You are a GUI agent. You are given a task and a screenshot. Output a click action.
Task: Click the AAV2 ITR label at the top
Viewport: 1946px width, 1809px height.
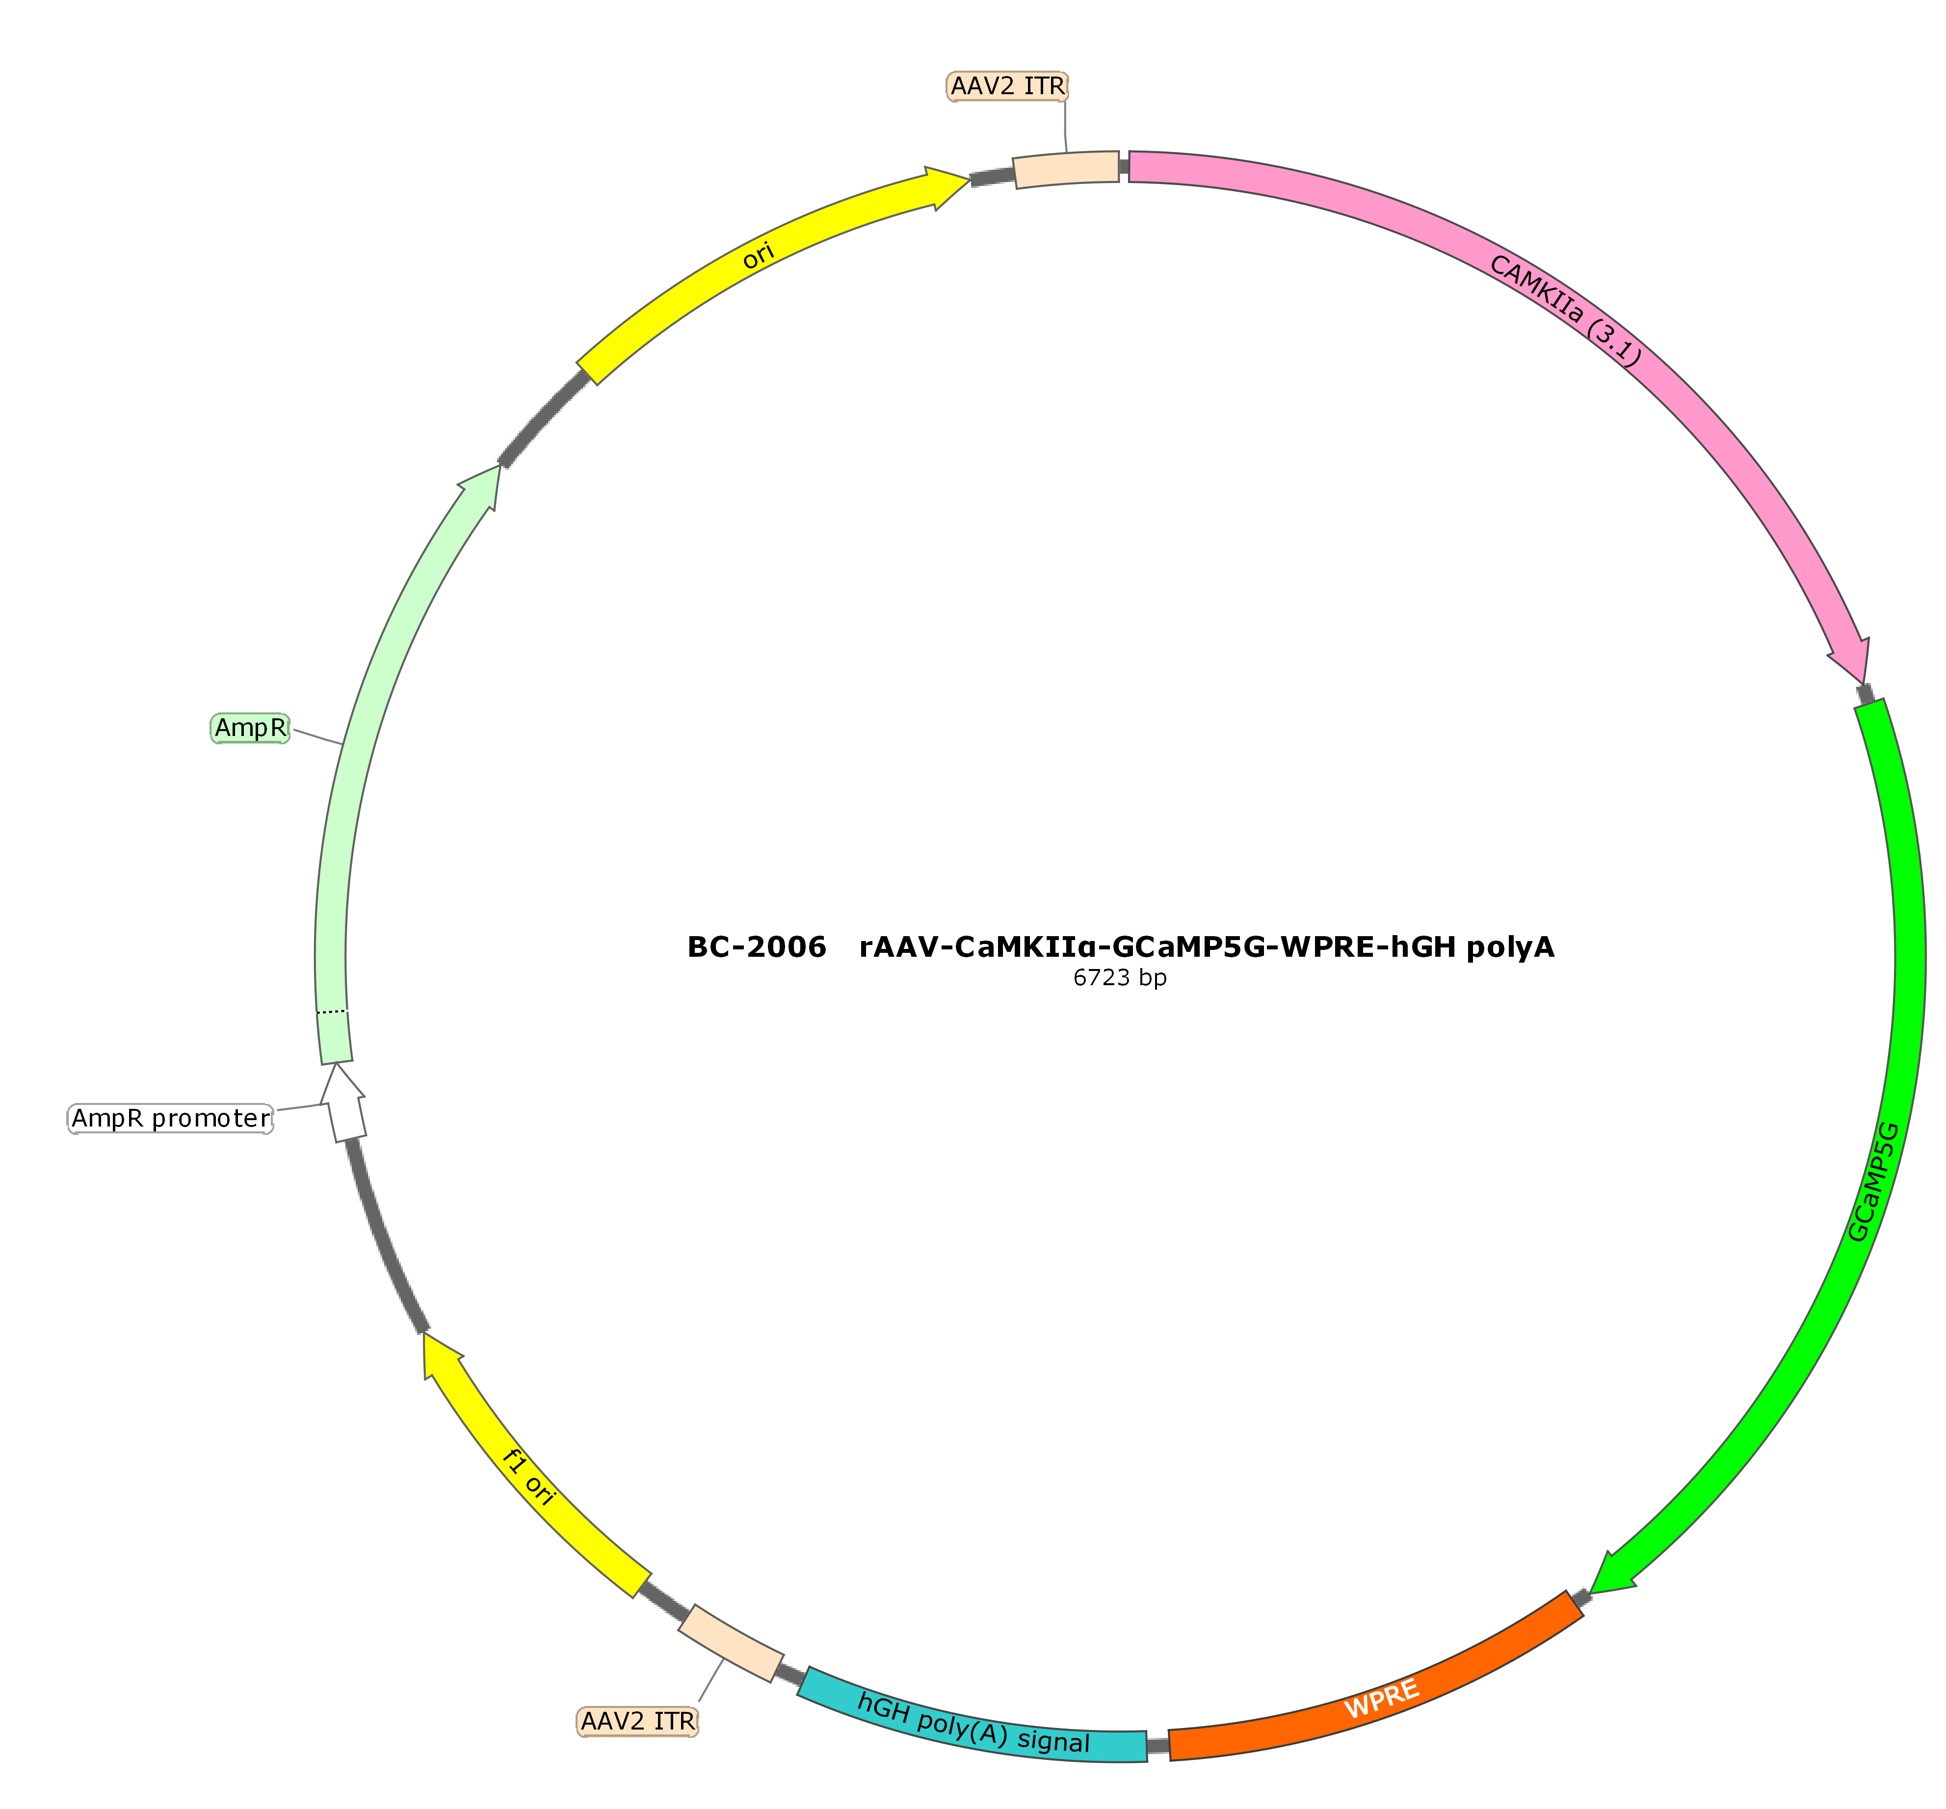(1007, 86)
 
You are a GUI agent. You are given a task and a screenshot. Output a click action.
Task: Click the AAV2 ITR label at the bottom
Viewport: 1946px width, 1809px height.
(638, 1721)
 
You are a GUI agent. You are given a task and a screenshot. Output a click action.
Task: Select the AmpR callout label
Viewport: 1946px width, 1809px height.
(251, 728)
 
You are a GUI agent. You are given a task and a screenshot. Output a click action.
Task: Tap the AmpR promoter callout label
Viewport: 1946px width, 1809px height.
(170, 1118)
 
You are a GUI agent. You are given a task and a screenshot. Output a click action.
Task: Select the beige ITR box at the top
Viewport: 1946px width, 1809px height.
(1066, 168)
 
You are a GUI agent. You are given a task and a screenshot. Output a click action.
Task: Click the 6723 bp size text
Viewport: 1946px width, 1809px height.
(1120, 978)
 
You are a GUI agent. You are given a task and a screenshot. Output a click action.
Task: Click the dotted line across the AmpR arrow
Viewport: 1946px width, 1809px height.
(332, 1011)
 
